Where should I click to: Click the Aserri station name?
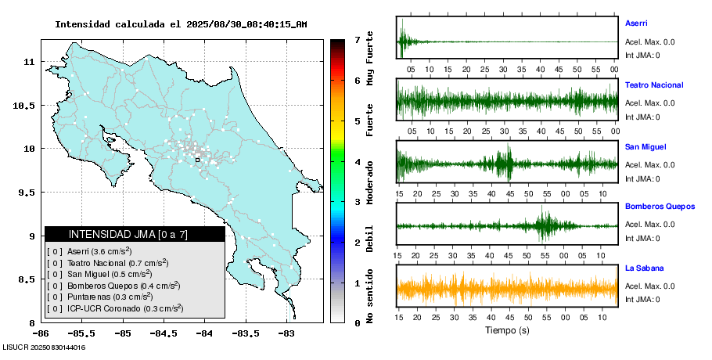pyautogui.click(x=636, y=23)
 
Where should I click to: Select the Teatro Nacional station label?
pyautogui.click(x=653, y=85)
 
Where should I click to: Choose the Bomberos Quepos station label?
pyautogui.click(x=660, y=207)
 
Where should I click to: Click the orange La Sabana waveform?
pyautogui.click(x=507, y=288)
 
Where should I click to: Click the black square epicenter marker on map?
pyautogui.click(x=197, y=160)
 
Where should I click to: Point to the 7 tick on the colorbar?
pyautogui.click(x=356, y=39)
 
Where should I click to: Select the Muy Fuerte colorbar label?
pyautogui.click(x=370, y=59)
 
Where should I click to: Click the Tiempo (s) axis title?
pyautogui.click(x=507, y=330)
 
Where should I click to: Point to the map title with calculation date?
pyautogui.click(x=181, y=24)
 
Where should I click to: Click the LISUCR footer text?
pyautogui.click(x=44, y=347)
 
